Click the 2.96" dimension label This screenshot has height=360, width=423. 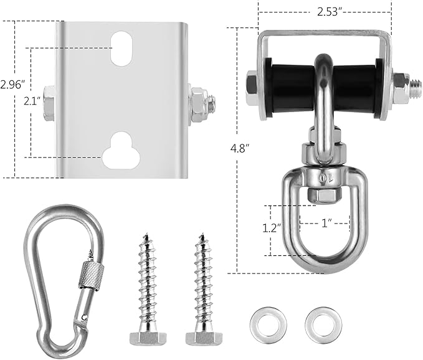pos(13,85)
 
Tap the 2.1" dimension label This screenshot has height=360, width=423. pos(32,101)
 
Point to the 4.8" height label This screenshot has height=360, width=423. pos(240,148)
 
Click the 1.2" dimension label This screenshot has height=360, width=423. pos(272,228)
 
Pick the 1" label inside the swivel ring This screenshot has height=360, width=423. pos(326,223)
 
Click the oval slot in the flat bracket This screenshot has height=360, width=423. pos(121,49)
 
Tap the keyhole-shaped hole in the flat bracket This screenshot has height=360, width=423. pos(121,150)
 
